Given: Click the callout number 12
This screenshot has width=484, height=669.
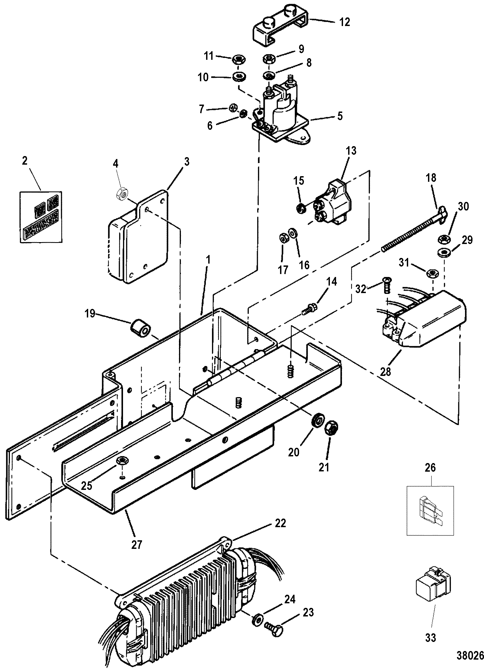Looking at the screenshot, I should [345, 22].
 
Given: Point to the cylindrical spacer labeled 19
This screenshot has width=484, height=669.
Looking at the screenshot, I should [140, 328].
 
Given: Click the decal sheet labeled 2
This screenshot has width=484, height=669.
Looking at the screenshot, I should [41, 217].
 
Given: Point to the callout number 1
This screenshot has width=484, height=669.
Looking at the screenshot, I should [208, 260].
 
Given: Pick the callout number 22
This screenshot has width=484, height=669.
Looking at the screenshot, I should [280, 523].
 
